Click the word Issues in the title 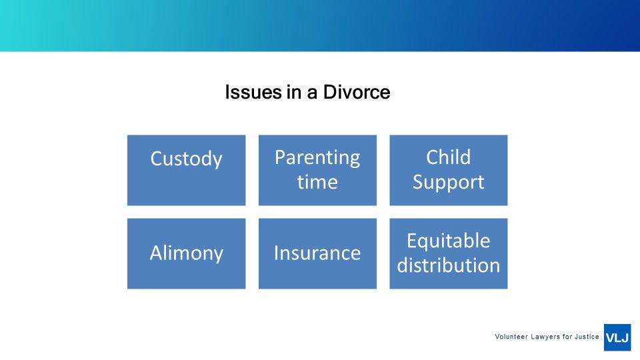pyautogui.click(x=253, y=92)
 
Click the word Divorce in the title pyautogui.click(x=357, y=92)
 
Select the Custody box pyautogui.click(x=187, y=170)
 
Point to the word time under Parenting pyautogui.click(x=317, y=181)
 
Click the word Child pyautogui.click(x=448, y=157)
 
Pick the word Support pyautogui.click(x=448, y=183)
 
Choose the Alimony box pyautogui.click(x=187, y=253)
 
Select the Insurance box pyautogui.click(x=317, y=253)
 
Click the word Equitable pyautogui.click(x=448, y=241)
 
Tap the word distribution pyautogui.click(x=448, y=265)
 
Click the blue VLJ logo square pyautogui.click(x=617, y=337)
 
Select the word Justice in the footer pyautogui.click(x=587, y=337)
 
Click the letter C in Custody pyautogui.click(x=156, y=159)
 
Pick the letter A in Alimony pyautogui.click(x=157, y=253)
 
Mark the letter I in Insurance pyautogui.click(x=276, y=253)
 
